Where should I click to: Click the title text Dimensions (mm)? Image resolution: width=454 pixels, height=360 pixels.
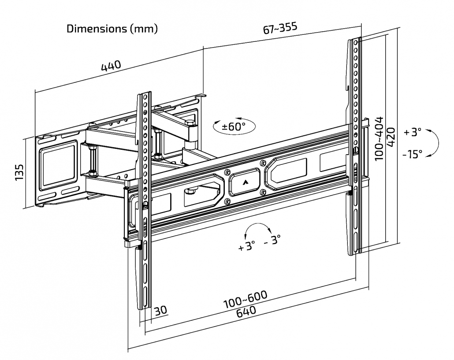coord(112,29)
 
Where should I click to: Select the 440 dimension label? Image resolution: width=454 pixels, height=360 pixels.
coord(111,67)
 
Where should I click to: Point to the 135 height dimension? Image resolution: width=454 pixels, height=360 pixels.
coord(19,172)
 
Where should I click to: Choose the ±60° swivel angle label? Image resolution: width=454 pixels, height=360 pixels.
coord(233,127)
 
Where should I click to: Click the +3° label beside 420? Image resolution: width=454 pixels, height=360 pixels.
coord(412,132)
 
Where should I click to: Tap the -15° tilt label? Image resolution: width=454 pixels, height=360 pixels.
coord(412,154)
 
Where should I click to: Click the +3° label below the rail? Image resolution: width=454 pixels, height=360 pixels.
coord(247,246)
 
